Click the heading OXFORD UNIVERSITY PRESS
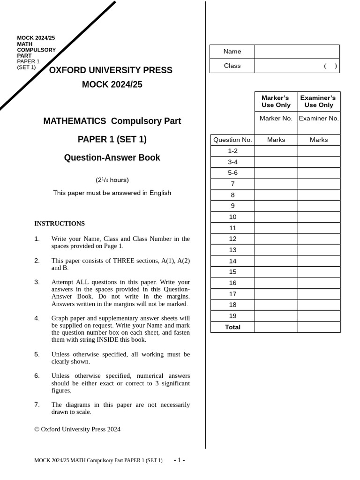[x=111, y=70]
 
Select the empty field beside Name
[x=297, y=52]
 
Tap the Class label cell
[x=232, y=66]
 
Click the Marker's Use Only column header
[x=276, y=101]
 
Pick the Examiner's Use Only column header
[x=319, y=101]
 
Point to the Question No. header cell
[x=232, y=140]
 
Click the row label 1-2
[x=232, y=151]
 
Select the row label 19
[x=232, y=316]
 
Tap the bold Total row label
[x=232, y=327]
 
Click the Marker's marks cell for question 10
[x=276, y=217]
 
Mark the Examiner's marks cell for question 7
[x=319, y=184]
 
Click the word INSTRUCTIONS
[x=60, y=224]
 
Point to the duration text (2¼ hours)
[x=112, y=180]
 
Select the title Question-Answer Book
[x=112, y=157]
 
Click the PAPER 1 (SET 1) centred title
[x=112, y=139]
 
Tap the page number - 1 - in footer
[x=179, y=460]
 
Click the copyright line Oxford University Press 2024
[x=77, y=429]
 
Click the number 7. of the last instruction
[x=37, y=405]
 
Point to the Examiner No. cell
[x=319, y=119]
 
